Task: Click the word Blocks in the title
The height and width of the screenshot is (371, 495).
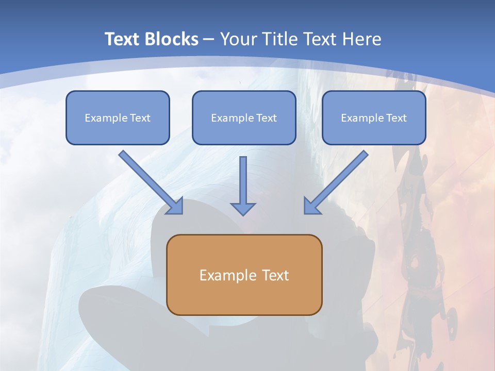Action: (171, 39)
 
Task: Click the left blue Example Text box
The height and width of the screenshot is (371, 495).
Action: (118, 117)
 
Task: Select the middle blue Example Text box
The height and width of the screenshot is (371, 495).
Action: (244, 117)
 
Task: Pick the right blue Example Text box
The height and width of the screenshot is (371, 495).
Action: (374, 117)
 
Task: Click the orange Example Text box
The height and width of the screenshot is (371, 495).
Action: (244, 275)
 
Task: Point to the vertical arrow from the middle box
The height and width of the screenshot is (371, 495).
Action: (243, 186)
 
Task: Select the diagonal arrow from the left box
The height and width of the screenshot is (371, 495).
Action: (151, 182)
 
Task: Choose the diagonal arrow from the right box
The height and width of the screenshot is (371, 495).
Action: (336, 182)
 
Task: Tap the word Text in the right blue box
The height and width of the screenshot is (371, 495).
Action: (396, 117)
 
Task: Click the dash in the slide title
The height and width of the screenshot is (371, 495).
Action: (209, 40)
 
